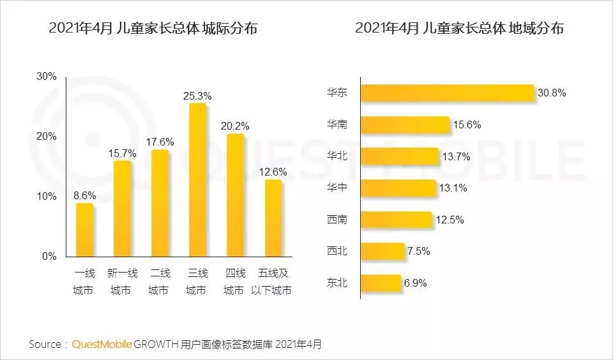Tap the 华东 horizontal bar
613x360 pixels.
point(447,93)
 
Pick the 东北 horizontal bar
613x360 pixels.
point(381,282)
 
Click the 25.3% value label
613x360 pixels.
point(197,96)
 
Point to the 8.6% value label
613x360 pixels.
point(85,196)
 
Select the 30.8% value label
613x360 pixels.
point(552,93)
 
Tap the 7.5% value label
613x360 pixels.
point(418,251)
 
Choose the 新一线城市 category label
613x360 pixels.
point(123,281)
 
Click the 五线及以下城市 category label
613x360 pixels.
point(273,281)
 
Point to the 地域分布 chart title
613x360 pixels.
point(460,29)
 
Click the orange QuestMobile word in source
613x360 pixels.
point(102,344)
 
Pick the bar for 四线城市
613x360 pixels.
point(235,195)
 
